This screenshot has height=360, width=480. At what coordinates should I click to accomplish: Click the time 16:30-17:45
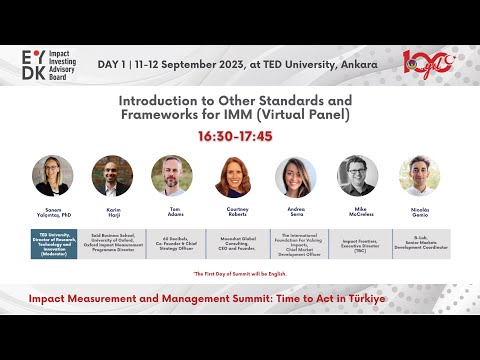[x=235, y=134]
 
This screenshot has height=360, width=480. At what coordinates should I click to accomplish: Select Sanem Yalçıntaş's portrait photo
[x=52, y=176]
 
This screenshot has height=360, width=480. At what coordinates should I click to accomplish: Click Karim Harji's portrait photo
[x=112, y=176]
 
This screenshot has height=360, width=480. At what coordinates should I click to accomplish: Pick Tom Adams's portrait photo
[x=172, y=176]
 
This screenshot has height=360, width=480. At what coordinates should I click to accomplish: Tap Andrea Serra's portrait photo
[x=297, y=176]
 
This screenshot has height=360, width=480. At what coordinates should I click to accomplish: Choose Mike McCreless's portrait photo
[x=357, y=176]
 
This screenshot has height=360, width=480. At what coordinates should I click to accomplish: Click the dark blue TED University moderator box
[x=53, y=244]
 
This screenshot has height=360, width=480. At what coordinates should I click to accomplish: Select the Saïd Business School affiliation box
[x=112, y=244]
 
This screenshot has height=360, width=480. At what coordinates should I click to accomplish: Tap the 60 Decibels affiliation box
[x=173, y=244]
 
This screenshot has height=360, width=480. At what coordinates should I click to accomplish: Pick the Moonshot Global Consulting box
[x=236, y=244]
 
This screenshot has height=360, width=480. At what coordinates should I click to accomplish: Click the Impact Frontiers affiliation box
[x=358, y=244]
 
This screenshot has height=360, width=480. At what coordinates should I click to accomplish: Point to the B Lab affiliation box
[x=419, y=244]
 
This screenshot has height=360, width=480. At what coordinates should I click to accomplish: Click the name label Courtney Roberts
[x=236, y=211]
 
